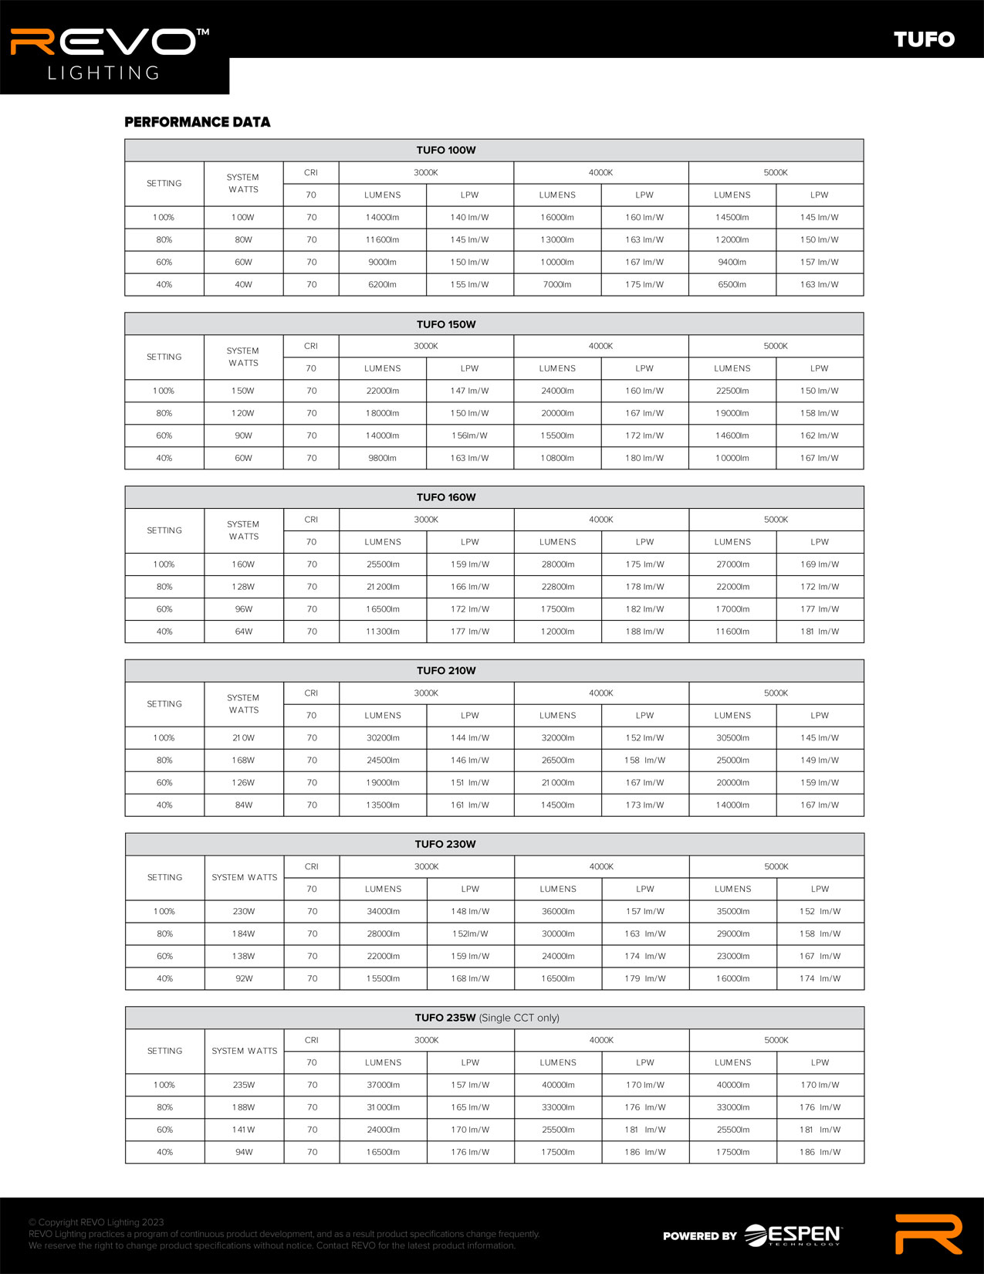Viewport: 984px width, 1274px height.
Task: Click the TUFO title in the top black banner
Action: (924, 39)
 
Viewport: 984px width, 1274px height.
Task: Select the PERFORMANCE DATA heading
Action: (198, 122)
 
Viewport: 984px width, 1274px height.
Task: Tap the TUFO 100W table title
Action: (446, 150)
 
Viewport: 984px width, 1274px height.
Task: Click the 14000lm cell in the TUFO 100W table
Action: (382, 218)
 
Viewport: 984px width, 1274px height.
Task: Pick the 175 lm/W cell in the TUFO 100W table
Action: (644, 285)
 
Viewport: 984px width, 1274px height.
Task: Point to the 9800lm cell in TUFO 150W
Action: (382, 459)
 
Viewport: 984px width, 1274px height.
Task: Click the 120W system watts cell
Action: (243, 414)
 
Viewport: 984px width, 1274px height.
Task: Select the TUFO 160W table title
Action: (446, 497)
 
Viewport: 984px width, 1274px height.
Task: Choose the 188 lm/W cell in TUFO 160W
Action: (644, 632)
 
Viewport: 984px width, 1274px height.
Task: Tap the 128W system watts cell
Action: (243, 587)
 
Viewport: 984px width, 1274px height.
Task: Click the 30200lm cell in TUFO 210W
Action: (383, 738)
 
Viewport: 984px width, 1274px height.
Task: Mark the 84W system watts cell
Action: (243, 805)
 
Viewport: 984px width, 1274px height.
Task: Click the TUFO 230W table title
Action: (445, 844)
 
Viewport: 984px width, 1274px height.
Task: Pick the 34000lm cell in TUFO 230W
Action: (383, 912)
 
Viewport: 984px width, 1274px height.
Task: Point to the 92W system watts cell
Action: (244, 979)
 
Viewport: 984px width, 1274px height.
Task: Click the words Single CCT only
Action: (519, 1018)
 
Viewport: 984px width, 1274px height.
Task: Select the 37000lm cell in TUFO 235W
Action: (383, 1086)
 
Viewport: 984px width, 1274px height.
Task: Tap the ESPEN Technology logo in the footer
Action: (793, 1235)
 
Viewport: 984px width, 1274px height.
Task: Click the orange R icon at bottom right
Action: (928, 1234)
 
